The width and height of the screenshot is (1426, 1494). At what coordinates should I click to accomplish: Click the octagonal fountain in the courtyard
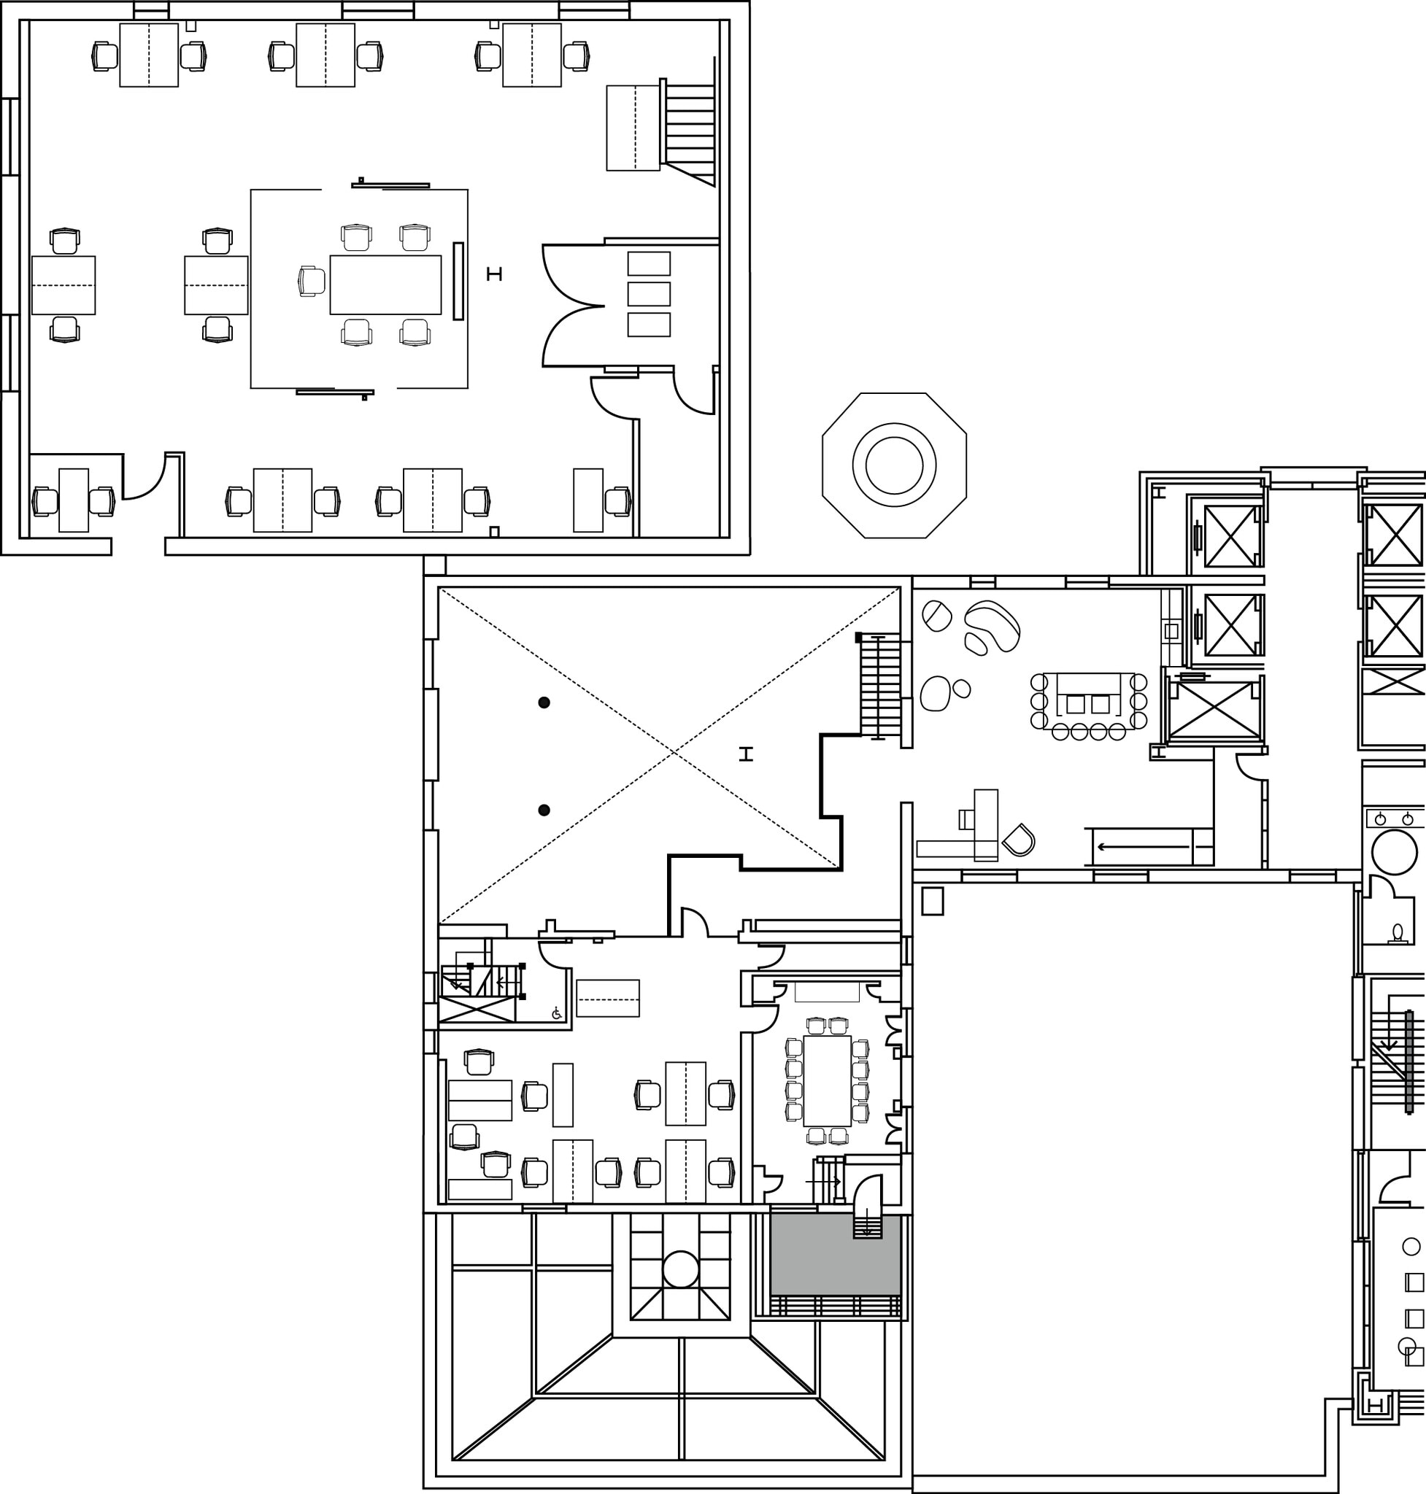pyautogui.click(x=894, y=465)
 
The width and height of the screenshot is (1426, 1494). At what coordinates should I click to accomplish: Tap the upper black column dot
pyautogui.click(x=544, y=703)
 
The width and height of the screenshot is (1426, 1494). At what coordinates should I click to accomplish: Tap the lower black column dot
pyautogui.click(x=544, y=810)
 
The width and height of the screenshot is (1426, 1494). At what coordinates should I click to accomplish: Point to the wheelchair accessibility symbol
pyautogui.click(x=556, y=1013)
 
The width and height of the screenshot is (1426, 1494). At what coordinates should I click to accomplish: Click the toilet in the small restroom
pyautogui.click(x=1396, y=932)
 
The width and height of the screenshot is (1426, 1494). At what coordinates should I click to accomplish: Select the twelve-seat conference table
pyautogui.click(x=827, y=1080)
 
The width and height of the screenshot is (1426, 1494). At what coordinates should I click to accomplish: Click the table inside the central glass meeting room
pyautogui.click(x=385, y=285)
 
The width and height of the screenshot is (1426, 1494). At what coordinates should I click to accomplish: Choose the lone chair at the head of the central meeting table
pyautogui.click(x=311, y=281)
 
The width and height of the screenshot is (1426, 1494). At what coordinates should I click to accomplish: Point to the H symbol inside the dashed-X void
pyautogui.click(x=747, y=754)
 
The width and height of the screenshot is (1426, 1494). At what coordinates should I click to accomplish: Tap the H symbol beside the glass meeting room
pyautogui.click(x=494, y=274)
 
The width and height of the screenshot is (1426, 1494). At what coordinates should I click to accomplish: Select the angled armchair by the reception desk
pyautogui.click(x=1019, y=840)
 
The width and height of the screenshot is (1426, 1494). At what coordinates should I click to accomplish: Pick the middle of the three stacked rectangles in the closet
pyautogui.click(x=648, y=293)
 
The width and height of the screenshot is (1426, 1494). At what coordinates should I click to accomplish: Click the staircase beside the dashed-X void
pyautogui.click(x=879, y=687)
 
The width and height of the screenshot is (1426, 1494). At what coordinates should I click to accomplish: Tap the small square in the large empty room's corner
pyautogui.click(x=932, y=901)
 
